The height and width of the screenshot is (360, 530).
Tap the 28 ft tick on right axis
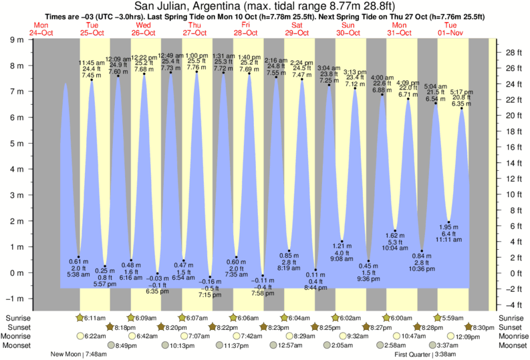click(x=513, y=53)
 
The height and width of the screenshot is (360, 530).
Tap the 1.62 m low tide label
click(x=396, y=235)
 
